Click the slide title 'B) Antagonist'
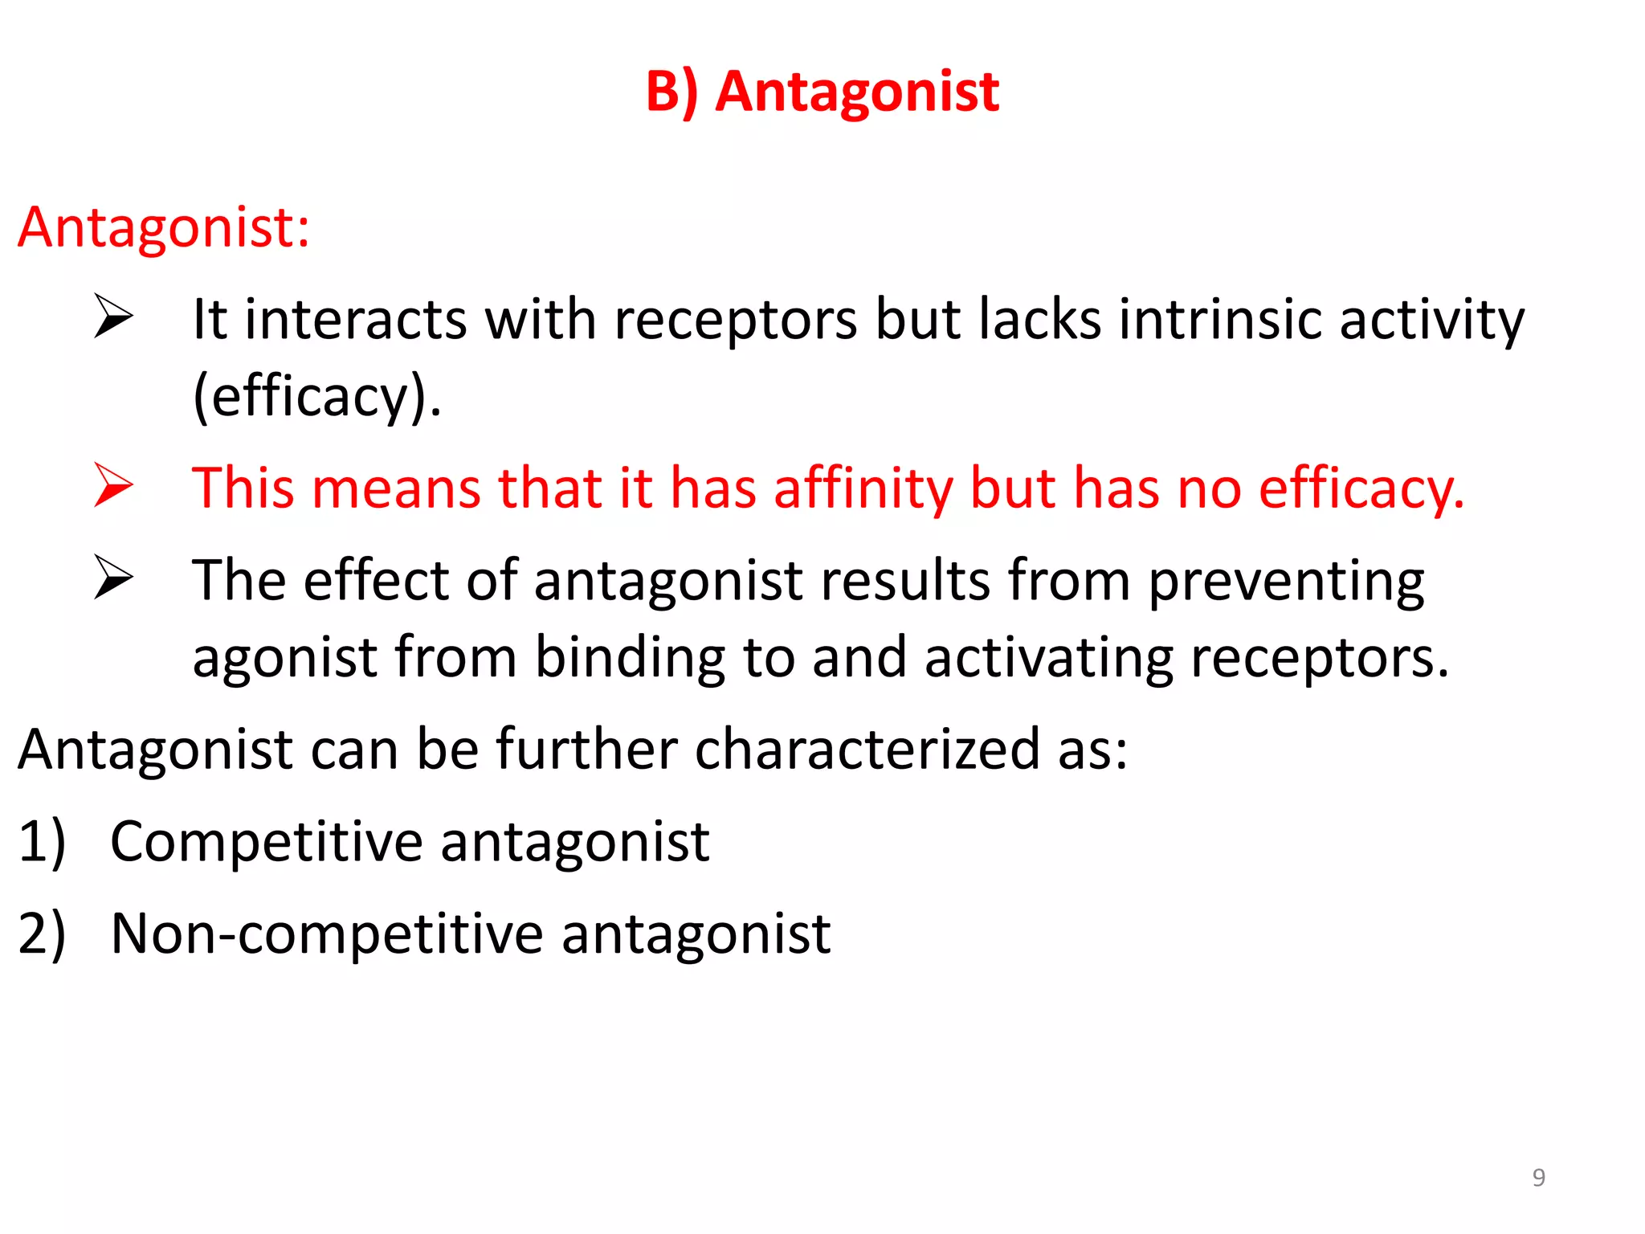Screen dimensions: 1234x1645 coord(822,92)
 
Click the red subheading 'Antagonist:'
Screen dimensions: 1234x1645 coord(164,227)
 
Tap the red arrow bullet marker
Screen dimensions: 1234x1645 coord(113,485)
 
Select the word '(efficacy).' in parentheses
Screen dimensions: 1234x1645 coord(317,397)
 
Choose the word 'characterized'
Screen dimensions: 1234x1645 coord(867,750)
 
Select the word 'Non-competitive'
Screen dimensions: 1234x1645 coord(327,934)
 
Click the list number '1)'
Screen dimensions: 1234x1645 coord(42,842)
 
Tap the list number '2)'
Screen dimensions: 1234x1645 coord(42,934)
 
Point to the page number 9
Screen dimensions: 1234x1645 coord(1538,1178)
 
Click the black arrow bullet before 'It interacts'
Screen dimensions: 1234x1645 coord(113,317)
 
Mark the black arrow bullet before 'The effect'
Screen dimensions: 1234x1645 coord(113,578)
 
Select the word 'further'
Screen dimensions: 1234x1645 coord(586,750)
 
